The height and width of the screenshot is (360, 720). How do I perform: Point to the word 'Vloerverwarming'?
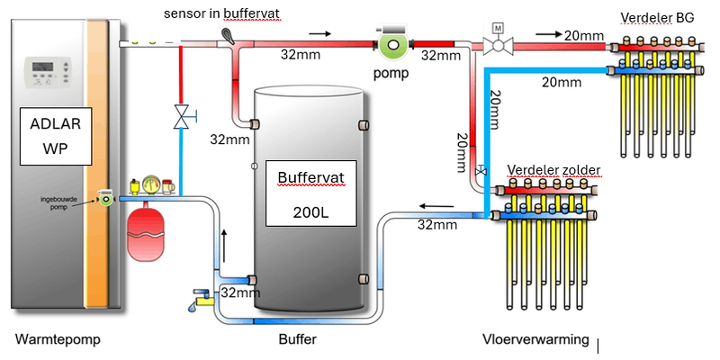pyautogui.click(x=535, y=340)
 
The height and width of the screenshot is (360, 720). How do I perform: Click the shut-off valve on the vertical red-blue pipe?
pyautogui.click(x=183, y=116)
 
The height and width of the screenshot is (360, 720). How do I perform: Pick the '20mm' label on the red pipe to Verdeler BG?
pyautogui.click(x=585, y=35)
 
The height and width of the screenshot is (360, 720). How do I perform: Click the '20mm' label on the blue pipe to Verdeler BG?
pyautogui.click(x=562, y=83)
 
